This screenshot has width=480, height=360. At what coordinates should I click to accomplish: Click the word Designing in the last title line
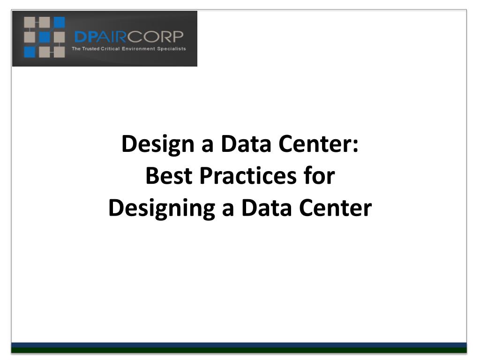pyautogui.click(x=162, y=209)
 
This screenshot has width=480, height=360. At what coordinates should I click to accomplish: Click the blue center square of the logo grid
pyautogui.click(x=44, y=37)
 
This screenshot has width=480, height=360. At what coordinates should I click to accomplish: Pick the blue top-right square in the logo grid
pyautogui.click(x=59, y=22)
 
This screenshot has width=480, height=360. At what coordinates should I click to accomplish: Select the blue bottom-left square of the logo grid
pyautogui.click(x=30, y=52)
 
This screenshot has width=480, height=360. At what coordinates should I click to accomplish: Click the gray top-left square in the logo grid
pyautogui.click(x=30, y=22)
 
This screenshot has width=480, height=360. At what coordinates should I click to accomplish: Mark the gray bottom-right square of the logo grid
pyautogui.click(x=59, y=52)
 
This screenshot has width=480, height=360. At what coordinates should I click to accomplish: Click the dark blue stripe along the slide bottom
pyautogui.click(x=239, y=345)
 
